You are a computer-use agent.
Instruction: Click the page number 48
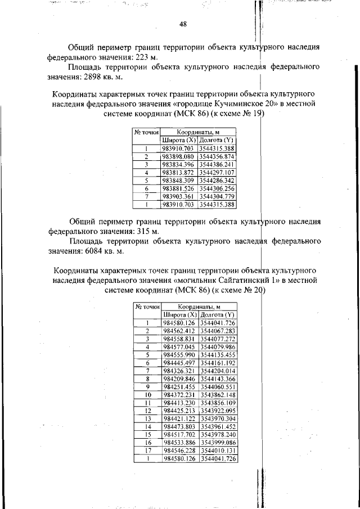(x=183, y=24)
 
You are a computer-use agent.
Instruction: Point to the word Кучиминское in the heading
(x=218, y=104)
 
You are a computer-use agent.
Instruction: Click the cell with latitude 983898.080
(x=177, y=156)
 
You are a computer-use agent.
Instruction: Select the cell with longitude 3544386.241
(x=216, y=164)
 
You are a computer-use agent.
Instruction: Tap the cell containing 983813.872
(x=177, y=172)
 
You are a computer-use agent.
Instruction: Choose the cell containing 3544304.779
(x=216, y=196)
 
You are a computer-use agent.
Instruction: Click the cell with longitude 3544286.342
(x=216, y=180)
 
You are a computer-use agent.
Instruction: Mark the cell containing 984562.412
(x=179, y=331)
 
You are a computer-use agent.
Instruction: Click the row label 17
(x=146, y=451)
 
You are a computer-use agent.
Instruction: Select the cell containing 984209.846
(x=179, y=380)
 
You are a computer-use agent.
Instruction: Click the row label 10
(x=146, y=395)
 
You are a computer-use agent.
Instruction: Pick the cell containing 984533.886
(x=179, y=443)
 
